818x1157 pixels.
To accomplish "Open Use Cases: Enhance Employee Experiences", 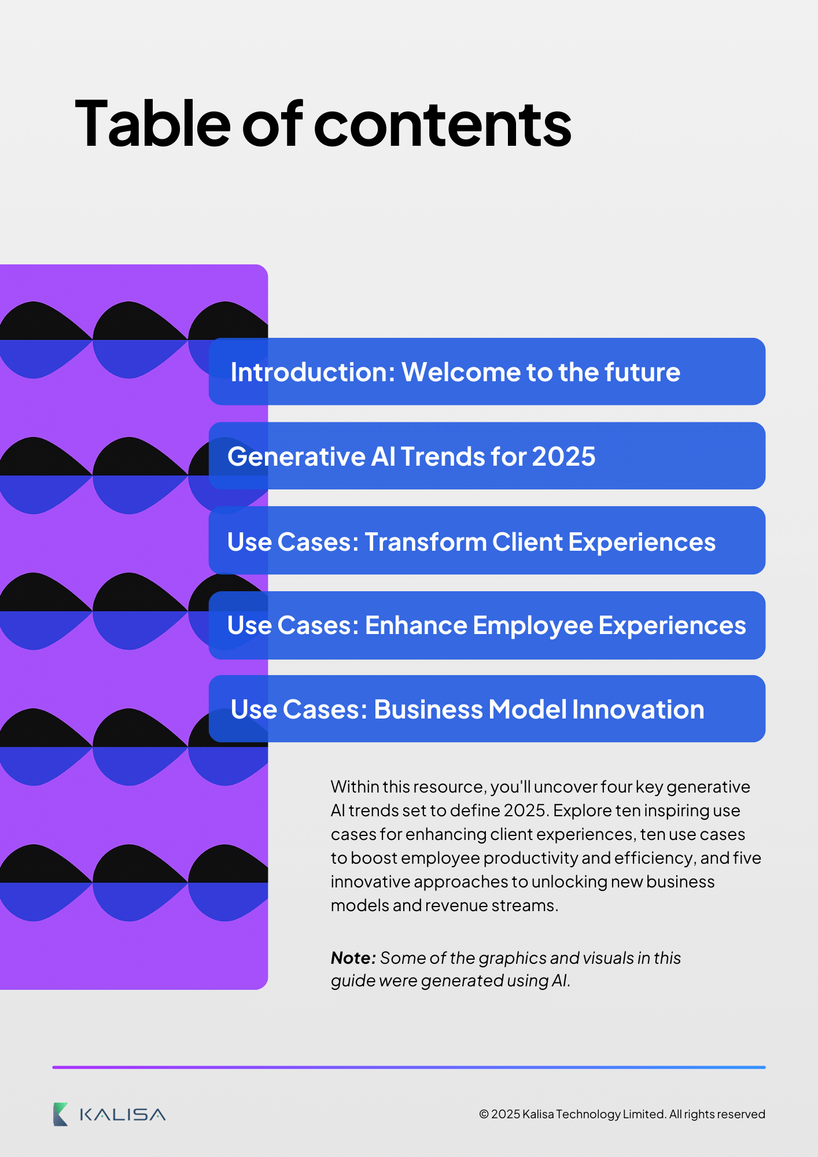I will pos(487,625).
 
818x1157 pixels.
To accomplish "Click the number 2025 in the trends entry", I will pos(563,456).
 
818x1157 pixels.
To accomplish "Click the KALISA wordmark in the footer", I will pos(123,1115).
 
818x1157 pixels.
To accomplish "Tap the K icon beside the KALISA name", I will pos(60,1114).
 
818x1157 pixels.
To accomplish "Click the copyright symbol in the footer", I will pos(484,1114).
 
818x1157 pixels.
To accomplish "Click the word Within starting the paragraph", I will pos(355,787).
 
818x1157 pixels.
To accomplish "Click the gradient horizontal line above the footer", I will pos(408,1067).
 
